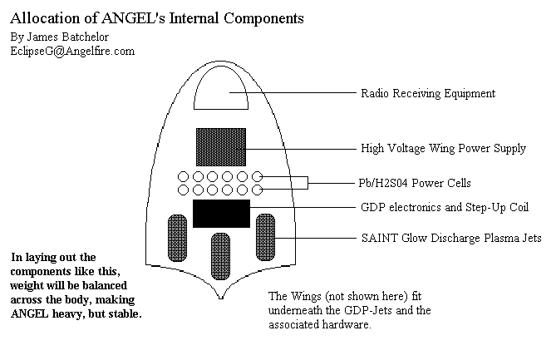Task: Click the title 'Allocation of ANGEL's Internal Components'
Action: click(157, 17)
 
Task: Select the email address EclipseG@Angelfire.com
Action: click(72, 51)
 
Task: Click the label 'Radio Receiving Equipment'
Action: click(427, 93)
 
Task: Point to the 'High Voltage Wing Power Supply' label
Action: click(443, 149)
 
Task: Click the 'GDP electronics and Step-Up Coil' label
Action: click(445, 208)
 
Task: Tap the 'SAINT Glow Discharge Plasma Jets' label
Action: click(450, 238)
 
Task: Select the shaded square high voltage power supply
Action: click(220, 146)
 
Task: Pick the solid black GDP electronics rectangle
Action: click(221, 213)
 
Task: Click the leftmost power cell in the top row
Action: click(183, 176)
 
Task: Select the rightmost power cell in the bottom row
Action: click(258, 190)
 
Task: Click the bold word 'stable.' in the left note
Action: click(123, 315)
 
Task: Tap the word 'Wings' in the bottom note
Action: click(306, 297)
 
